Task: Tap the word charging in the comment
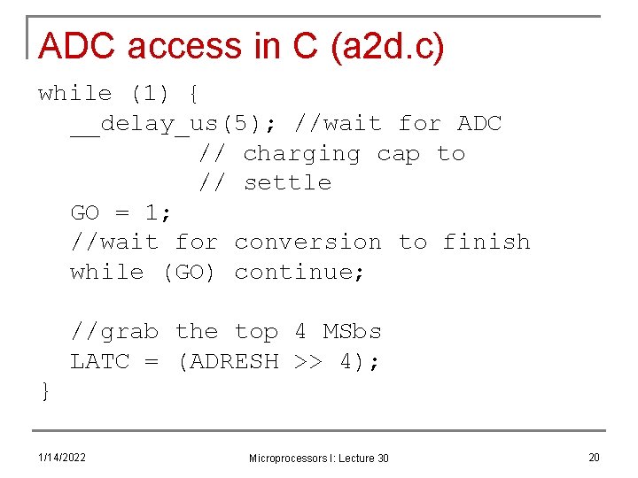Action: pos(301,153)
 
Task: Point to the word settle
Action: pos(287,182)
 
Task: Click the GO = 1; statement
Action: pos(121,212)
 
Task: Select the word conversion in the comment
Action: pos(308,242)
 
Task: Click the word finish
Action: pos(486,242)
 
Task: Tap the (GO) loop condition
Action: pos(190,272)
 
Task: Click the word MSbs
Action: pos(353,331)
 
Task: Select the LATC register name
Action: pos(100,361)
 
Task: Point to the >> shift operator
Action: pos(308,361)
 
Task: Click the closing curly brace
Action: pos(44,391)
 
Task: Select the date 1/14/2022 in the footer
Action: pos(62,457)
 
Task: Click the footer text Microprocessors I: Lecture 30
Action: pos(318,458)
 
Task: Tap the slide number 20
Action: pos(594,457)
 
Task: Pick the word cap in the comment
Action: pos(398,154)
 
